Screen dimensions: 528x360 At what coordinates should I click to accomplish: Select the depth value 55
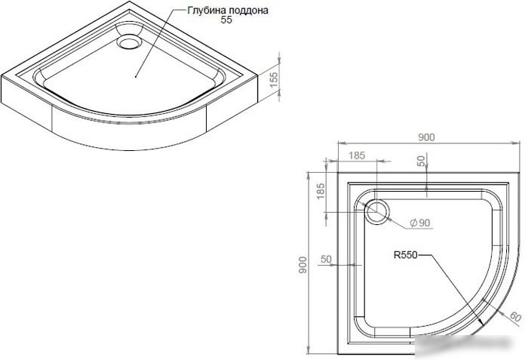[226, 20]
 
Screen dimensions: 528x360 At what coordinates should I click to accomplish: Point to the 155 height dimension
[274, 79]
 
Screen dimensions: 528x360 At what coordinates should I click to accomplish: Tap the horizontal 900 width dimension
[426, 137]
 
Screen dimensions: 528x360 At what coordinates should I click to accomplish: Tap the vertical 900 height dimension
[302, 265]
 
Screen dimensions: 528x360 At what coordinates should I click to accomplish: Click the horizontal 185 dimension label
[357, 155]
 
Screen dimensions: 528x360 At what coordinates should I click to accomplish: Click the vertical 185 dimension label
[321, 191]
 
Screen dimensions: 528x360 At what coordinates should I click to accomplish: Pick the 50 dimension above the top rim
[421, 161]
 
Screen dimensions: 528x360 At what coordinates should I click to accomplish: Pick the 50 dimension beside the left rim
[326, 259]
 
